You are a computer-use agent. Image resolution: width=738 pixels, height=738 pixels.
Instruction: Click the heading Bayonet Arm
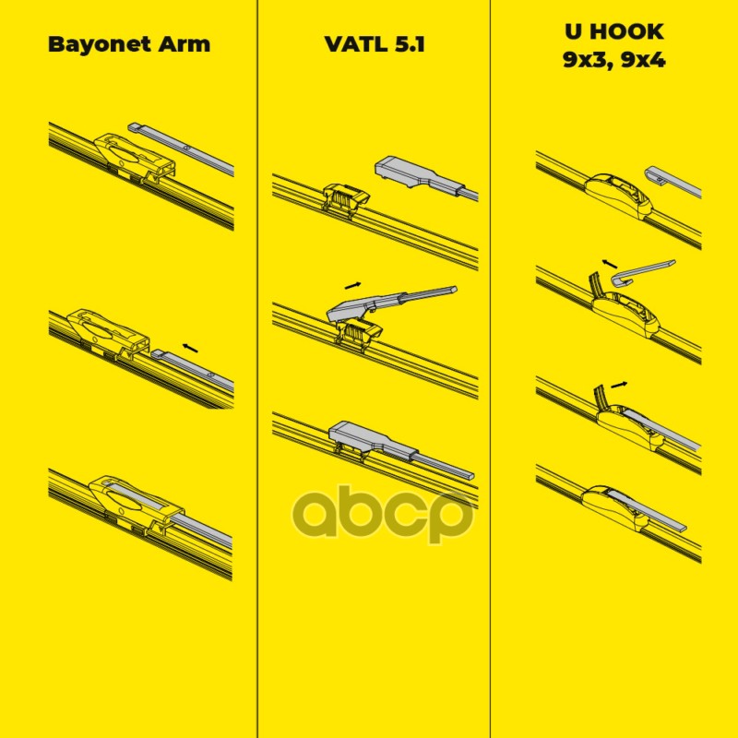tap(128, 43)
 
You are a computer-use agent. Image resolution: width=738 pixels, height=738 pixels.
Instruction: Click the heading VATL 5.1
tap(374, 43)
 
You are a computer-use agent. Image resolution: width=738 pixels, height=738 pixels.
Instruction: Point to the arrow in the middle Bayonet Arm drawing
tap(189, 347)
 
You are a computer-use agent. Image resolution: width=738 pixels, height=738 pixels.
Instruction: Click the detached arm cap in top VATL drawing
tap(411, 174)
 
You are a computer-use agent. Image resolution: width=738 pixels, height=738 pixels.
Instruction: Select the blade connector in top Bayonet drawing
tap(134, 157)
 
